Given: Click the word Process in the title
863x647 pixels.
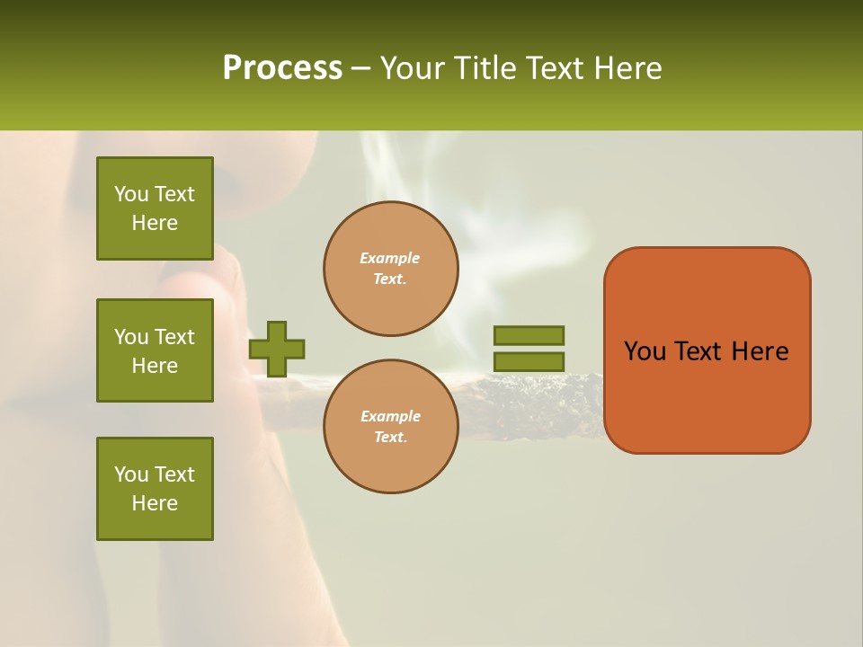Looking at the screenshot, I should pyautogui.click(x=282, y=68).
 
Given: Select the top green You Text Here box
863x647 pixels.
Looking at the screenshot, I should pyautogui.click(x=155, y=208).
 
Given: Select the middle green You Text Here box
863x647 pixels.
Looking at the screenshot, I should pyautogui.click(x=155, y=350).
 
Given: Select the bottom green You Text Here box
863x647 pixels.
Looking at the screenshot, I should pyautogui.click(x=155, y=489).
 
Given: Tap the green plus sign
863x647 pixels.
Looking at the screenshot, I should pyautogui.click(x=277, y=349).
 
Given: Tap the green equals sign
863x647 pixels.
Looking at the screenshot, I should pyautogui.click(x=529, y=349).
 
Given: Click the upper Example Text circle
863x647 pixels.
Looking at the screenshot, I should pyautogui.click(x=391, y=269).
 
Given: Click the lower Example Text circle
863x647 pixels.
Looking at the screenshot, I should pyautogui.click(x=391, y=427).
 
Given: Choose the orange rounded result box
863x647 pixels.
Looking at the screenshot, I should pyautogui.click(x=707, y=350).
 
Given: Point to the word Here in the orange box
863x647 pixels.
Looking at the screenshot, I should pyautogui.click(x=760, y=351).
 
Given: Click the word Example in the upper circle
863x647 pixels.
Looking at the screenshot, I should pyautogui.click(x=389, y=258).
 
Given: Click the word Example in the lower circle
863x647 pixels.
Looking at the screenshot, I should pyautogui.click(x=390, y=416).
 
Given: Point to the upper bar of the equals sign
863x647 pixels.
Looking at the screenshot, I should pyautogui.click(x=529, y=335).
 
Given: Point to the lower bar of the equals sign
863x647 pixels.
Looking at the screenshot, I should pyautogui.click(x=529, y=362).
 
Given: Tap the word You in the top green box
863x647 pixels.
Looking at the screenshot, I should pyautogui.click(x=131, y=194).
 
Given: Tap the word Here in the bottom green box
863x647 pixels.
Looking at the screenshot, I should pyautogui.click(x=155, y=503).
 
